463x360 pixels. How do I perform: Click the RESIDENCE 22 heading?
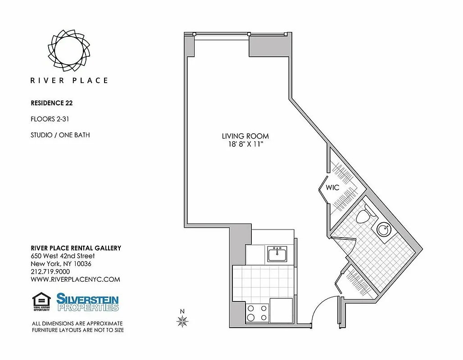coord(51,103)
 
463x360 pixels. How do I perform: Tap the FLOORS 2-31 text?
coord(50,119)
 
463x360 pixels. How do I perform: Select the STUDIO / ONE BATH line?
coord(60,135)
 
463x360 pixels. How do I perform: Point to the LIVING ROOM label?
coord(245,136)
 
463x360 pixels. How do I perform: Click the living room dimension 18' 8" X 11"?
coord(245,144)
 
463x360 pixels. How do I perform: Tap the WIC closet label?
coord(333,188)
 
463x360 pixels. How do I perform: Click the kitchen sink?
coord(277,254)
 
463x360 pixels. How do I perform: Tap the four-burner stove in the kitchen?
coord(257,312)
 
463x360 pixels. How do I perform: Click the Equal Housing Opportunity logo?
coord(41,302)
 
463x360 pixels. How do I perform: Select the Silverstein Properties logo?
coord(87,302)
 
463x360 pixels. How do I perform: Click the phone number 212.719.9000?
coord(50,271)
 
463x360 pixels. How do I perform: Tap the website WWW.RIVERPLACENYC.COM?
coord(75,279)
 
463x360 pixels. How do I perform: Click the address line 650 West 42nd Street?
coord(63,256)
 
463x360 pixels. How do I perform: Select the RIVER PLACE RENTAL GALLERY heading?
coord(76,248)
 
